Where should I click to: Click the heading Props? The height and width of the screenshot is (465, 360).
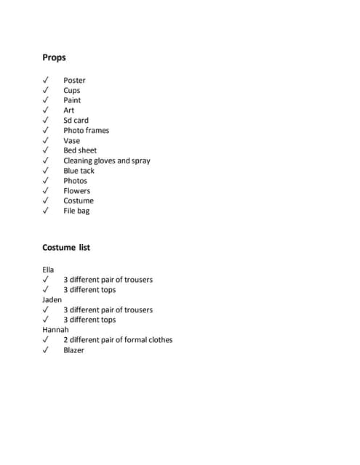coord(54,57)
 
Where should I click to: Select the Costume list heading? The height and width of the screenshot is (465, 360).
coord(66,247)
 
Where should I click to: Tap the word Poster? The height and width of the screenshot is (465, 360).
coord(74,80)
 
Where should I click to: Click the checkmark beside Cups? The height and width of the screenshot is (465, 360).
coord(46,90)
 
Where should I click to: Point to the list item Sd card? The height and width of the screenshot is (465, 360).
coord(76,121)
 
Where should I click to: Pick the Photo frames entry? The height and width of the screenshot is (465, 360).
coord(86,131)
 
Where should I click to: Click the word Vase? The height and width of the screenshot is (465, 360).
coord(71,141)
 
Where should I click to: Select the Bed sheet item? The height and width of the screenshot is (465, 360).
coord(80,150)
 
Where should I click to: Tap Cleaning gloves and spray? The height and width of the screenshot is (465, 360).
coord(106,161)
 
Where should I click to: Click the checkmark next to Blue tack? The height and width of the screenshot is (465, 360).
coord(46,171)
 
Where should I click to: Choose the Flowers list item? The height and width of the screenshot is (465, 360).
coord(76,191)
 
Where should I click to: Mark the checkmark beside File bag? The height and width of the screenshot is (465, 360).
coord(46,211)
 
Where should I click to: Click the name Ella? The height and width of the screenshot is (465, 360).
coord(49,270)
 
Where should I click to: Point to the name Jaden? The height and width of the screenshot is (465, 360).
coord(52,299)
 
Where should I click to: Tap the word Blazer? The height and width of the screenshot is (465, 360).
coord(73,350)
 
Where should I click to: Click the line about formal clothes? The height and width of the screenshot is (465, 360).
coord(118,340)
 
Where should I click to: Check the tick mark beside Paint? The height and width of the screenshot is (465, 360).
coord(46,100)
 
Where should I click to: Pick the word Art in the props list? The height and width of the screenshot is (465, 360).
coord(68,110)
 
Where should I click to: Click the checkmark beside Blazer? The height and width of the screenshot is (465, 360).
coord(46,350)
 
